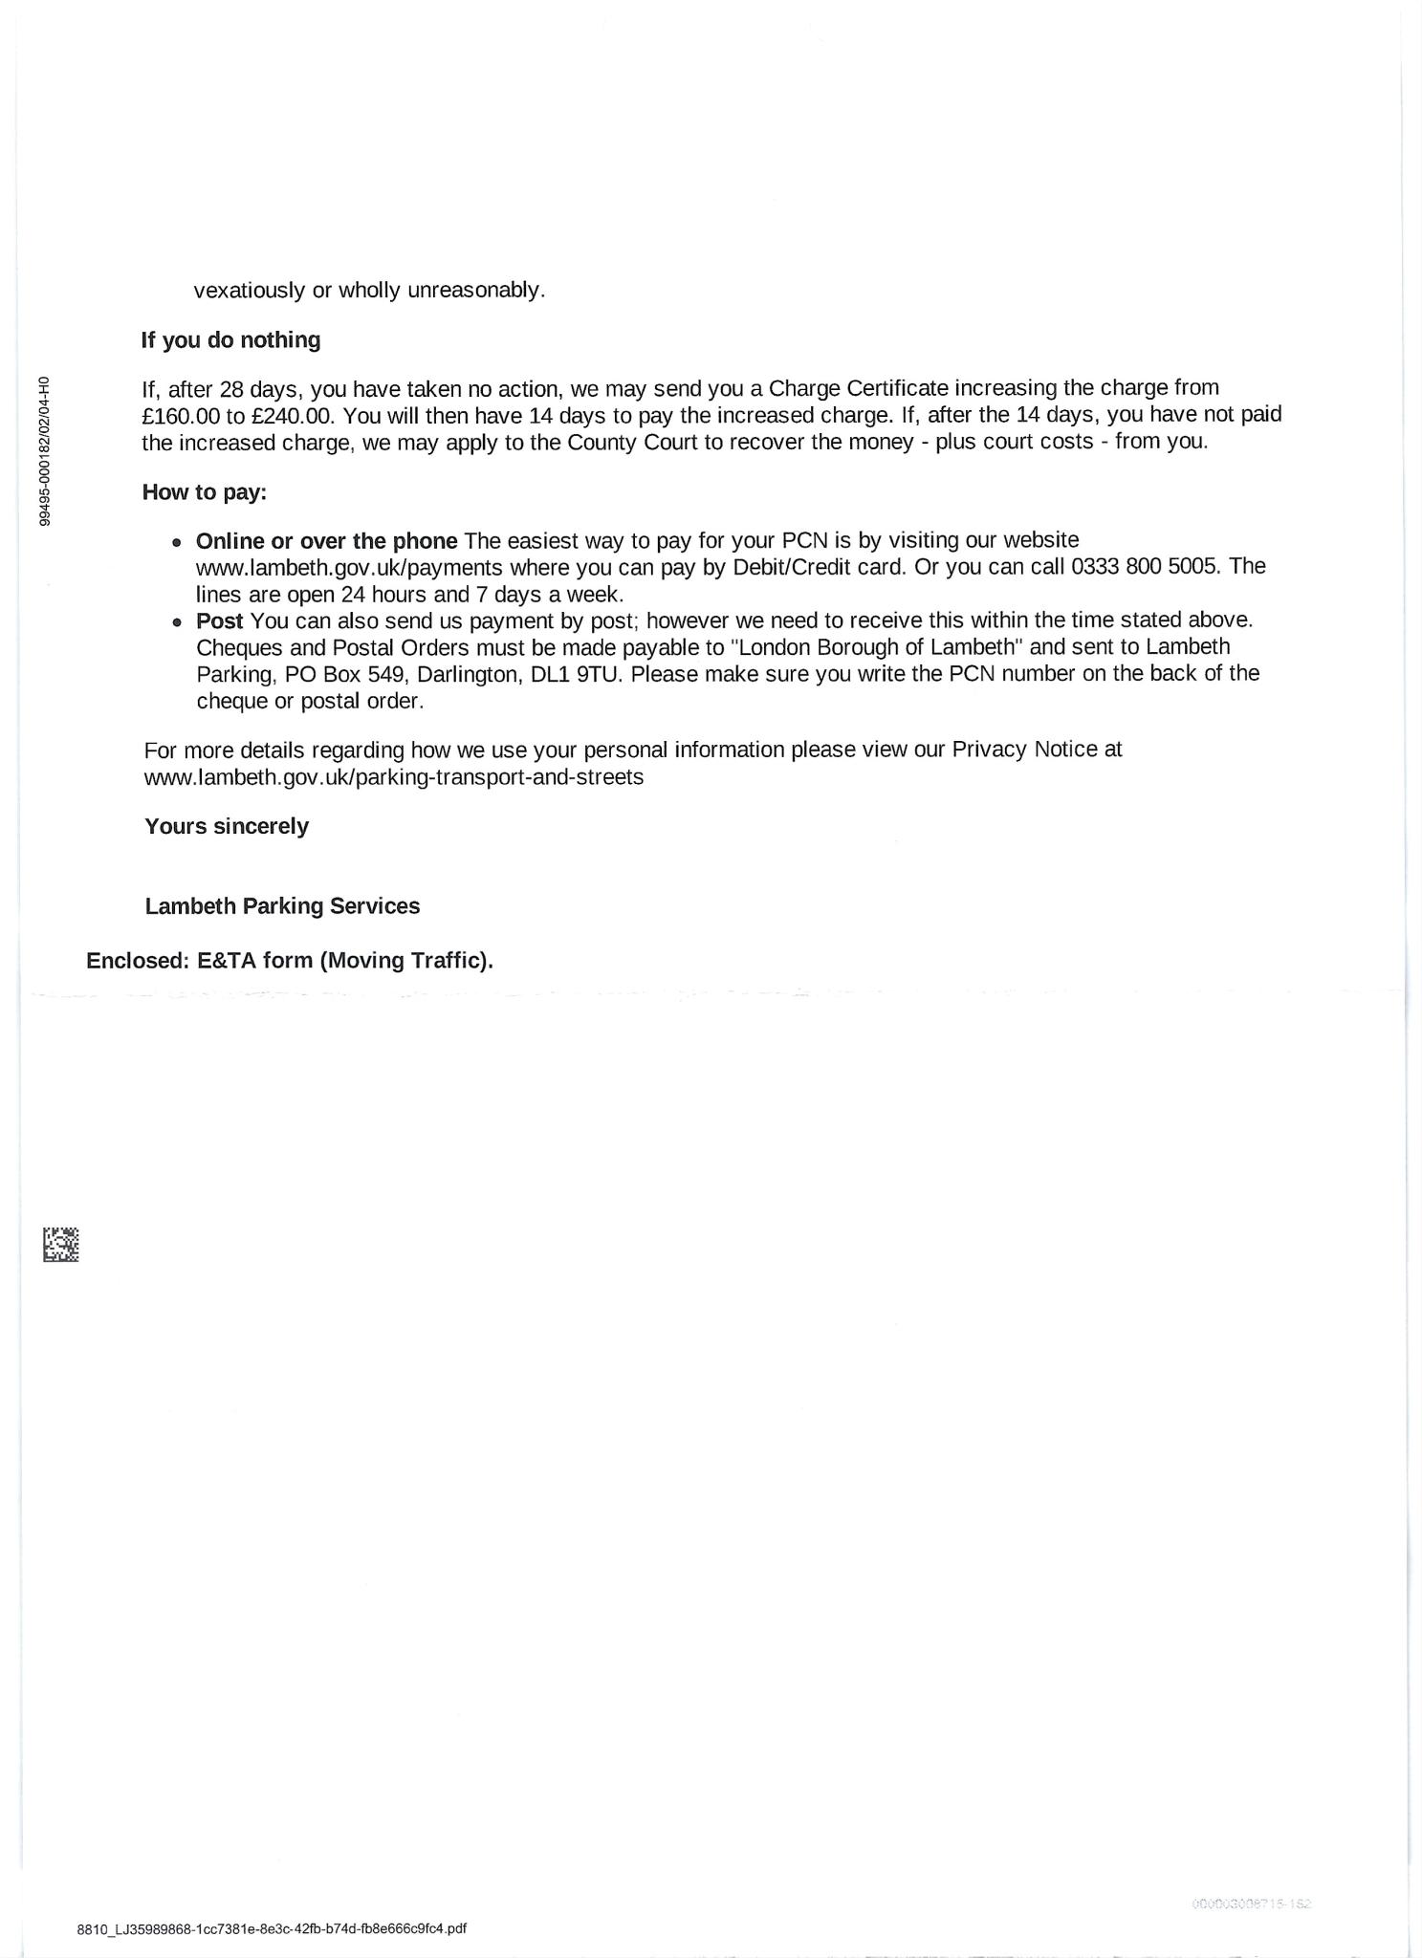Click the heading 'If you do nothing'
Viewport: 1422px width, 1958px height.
tap(230, 340)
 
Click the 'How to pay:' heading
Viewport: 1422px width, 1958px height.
tap(205, 492)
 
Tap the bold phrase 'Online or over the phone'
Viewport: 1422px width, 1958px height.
tap(326, 541)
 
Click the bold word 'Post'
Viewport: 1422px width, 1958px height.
tap(219, 620)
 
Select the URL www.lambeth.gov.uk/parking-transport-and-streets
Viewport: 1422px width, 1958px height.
tap(393, 777)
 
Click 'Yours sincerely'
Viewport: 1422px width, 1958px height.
tap(227, 826)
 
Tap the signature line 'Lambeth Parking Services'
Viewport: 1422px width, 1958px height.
tap(282, 906)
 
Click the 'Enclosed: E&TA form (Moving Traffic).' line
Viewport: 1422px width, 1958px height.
tap(290, 961)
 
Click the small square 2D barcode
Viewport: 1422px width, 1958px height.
tap(60, 1245)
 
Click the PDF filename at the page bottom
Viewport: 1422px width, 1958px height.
tap(272, 1929)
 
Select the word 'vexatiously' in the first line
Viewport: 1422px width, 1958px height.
tap(250, 291)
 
